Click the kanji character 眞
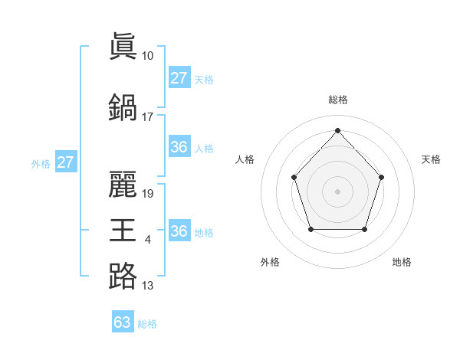[x=123, y=45]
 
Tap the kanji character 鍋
[x=123, y=106]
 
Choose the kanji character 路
[x=123, y=275]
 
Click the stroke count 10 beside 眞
[x=147, y=56]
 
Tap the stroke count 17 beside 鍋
[x=147, y=117]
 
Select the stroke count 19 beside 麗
[x=148, y=193]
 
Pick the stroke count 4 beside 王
[x=147, y=241]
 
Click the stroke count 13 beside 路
[x=147, y=286]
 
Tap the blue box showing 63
[x=123, y=322]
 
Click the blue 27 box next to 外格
[x=65, y=162]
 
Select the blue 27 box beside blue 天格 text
[x=179, y=78]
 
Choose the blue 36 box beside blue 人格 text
[x=179, y=147]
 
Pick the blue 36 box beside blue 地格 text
[x=179, y=231]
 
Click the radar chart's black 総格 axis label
[x=337, y=100]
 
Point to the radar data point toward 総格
[x=337, y=129]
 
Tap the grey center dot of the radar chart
[x=337, y=191]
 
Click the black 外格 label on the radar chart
[x=270, y=262]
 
